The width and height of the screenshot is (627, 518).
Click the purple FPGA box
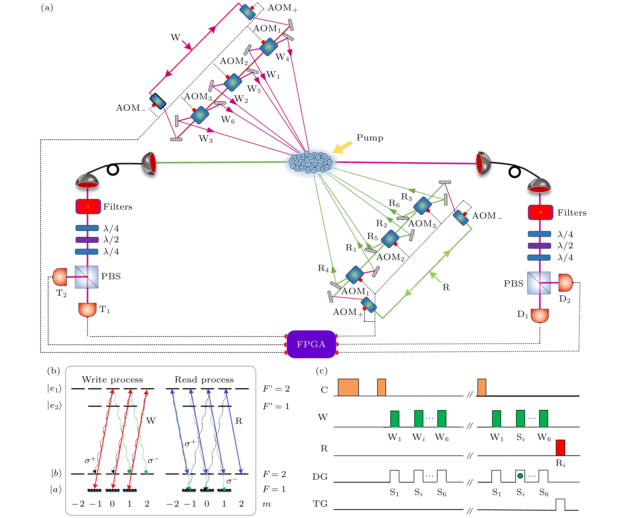(x=311, y=344)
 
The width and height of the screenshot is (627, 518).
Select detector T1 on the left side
(x=87, y=309)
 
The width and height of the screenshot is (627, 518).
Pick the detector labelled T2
(x=60, y=277)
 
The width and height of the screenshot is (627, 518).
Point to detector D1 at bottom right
(x=540, y=315)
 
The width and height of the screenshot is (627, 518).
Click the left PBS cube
(x=87, y=277)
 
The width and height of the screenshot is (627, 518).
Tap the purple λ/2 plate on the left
(x=87, y=240)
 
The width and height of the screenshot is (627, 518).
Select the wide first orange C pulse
(x=348, y=387)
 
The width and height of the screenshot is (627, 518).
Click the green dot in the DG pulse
(x=520, y=476)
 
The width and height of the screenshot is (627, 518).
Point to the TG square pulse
(x=560, y=504)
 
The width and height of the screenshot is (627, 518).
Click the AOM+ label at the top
(x=282, y=8)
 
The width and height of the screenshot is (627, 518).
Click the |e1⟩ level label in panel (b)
(x=54, y=388)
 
